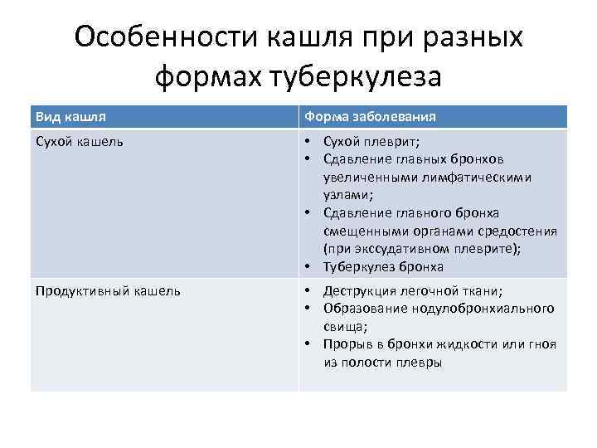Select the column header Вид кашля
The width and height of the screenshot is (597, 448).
click(70, 116)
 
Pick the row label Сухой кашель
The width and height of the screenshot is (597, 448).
click(80, 141)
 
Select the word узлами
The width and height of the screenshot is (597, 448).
click(347, 194)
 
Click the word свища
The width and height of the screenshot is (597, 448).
click(342, 326)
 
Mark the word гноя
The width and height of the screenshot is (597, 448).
click(541, 344)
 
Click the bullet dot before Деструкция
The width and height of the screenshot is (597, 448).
click(308, 290)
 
